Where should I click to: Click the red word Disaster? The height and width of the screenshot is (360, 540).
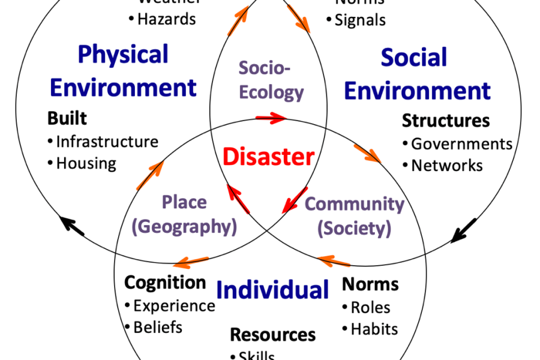pos(268,157)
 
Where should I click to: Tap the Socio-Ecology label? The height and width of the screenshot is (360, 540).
pos(272,80)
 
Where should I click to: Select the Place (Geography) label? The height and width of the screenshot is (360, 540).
pos(184,214)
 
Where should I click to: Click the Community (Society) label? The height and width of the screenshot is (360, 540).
pos(355,215)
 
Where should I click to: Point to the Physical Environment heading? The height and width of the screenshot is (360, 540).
pos(123,71)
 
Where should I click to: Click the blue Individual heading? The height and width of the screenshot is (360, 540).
pos(272,290)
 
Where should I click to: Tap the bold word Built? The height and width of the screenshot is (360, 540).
pos(67,118)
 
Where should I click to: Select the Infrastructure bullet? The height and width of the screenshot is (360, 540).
pos(107,142)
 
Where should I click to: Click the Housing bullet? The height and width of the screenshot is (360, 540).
pos(86,163)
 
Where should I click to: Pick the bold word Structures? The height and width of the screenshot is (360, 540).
pos(446,121)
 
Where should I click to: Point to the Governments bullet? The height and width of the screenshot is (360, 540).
pos(461,144)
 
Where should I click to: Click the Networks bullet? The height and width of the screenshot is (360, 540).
pos(446,166)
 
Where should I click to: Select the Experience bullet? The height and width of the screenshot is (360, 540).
pos(173,305)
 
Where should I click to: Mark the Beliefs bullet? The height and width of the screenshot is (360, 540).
pos(157,327)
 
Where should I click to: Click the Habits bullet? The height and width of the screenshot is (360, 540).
pos(373,329)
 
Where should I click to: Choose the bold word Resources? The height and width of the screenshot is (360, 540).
pos(273,334)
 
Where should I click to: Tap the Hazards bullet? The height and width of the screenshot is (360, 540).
pos(166,19)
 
